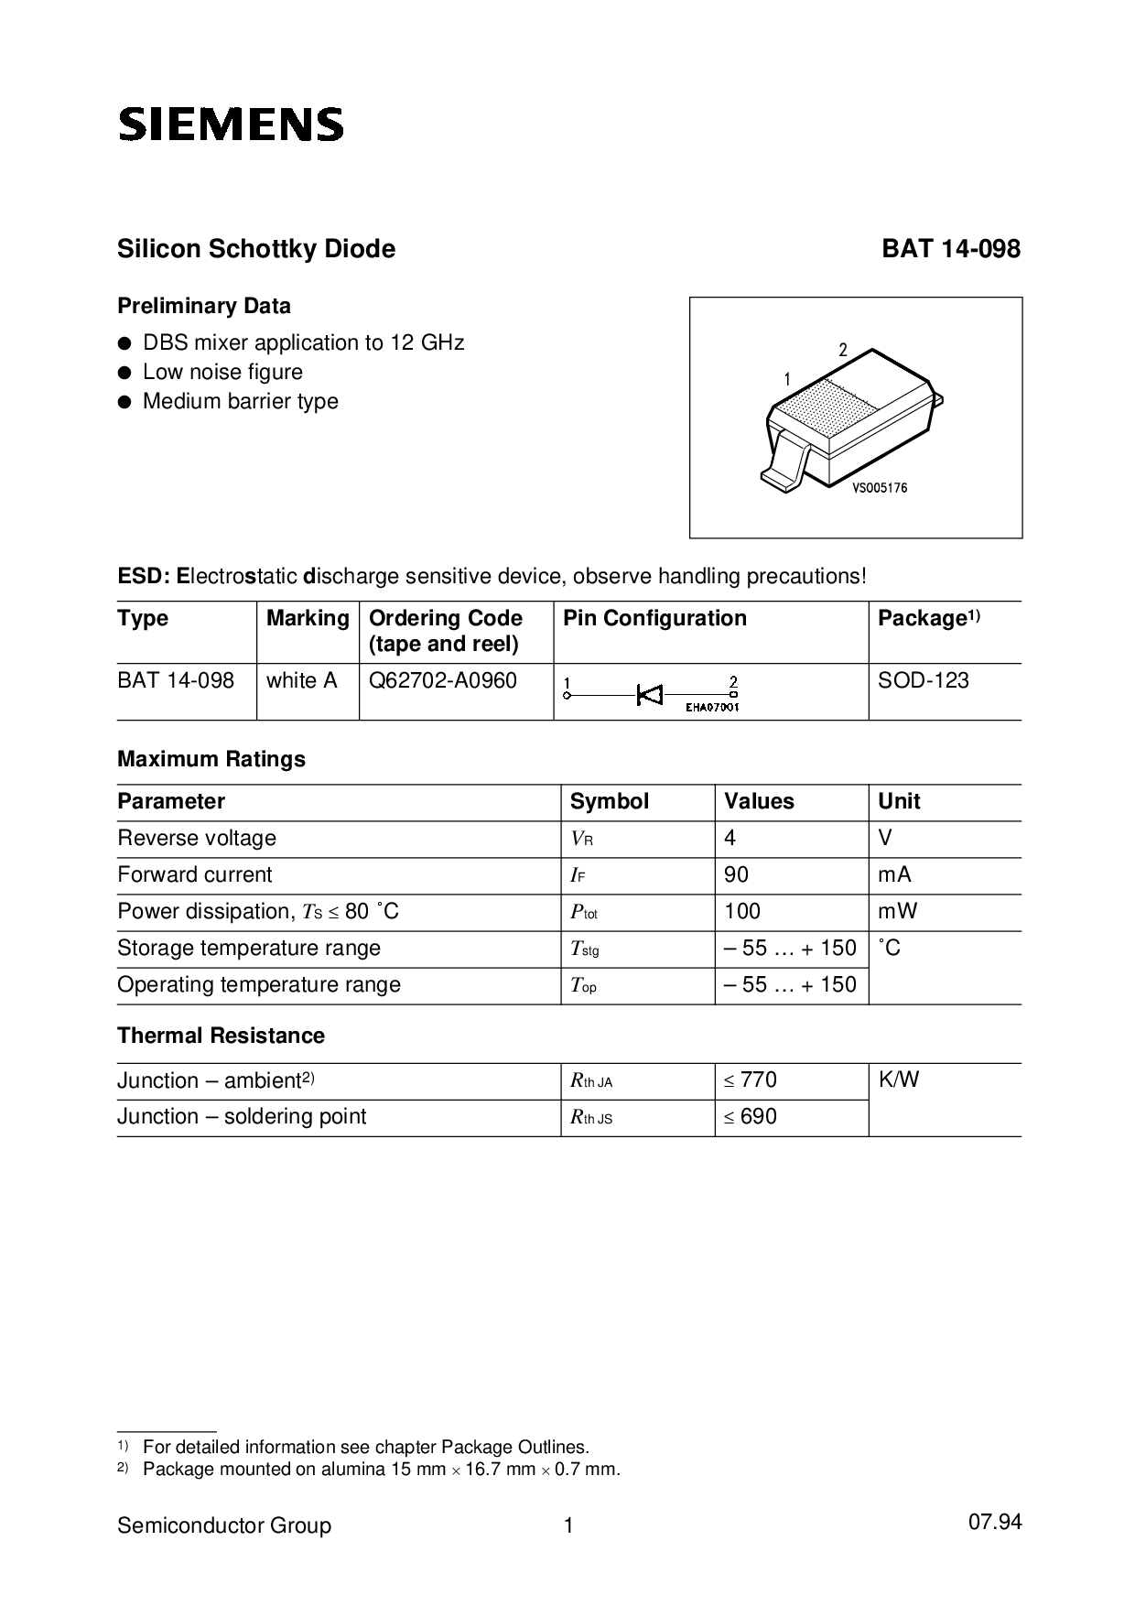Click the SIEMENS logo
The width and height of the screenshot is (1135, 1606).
pyautogui.click(x=231, y=125)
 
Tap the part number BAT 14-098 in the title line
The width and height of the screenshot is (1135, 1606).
pyautogui.click(x=950, y=249)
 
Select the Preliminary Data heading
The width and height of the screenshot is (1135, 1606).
pyautogui.click(x=204, y=306)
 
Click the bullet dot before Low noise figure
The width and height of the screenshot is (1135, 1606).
pyautogui.click(x=124, y=373)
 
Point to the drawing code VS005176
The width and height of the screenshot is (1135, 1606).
pyautogui.click(x=880, y=489)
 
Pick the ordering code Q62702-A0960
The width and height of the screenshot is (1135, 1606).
pyautogui.click(x=443, y=681)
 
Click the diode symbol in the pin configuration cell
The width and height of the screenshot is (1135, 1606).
pyautogui.click(x=650, y=696)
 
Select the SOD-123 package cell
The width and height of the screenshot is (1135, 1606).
pyautogui.click(x=923, y=681)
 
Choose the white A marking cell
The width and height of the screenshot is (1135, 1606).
pyautogui.click(x=302, y=681)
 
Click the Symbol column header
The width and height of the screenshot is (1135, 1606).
pyautogui.click(x=609, y=802)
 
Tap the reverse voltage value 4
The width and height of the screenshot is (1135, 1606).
pyautogui.click(x=730, y=839)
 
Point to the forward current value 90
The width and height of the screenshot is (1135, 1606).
pyautogui.click(x=736, y=875)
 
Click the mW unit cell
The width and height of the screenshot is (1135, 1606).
pyautogui.click(x=898, y=912)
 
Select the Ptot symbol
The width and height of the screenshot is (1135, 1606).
pyautogui.click(x=584, y=913)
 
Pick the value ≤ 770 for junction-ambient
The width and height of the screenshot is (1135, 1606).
pyautogui.click(x=750, y=1080)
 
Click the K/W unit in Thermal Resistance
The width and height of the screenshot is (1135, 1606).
pyautogui.click(x=899, y=1080)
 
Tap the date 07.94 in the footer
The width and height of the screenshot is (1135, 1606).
pyautogui.click(x=994, y=1523)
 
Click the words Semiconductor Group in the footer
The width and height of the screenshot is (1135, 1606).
pyautogui.click(x=224, y=1526)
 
